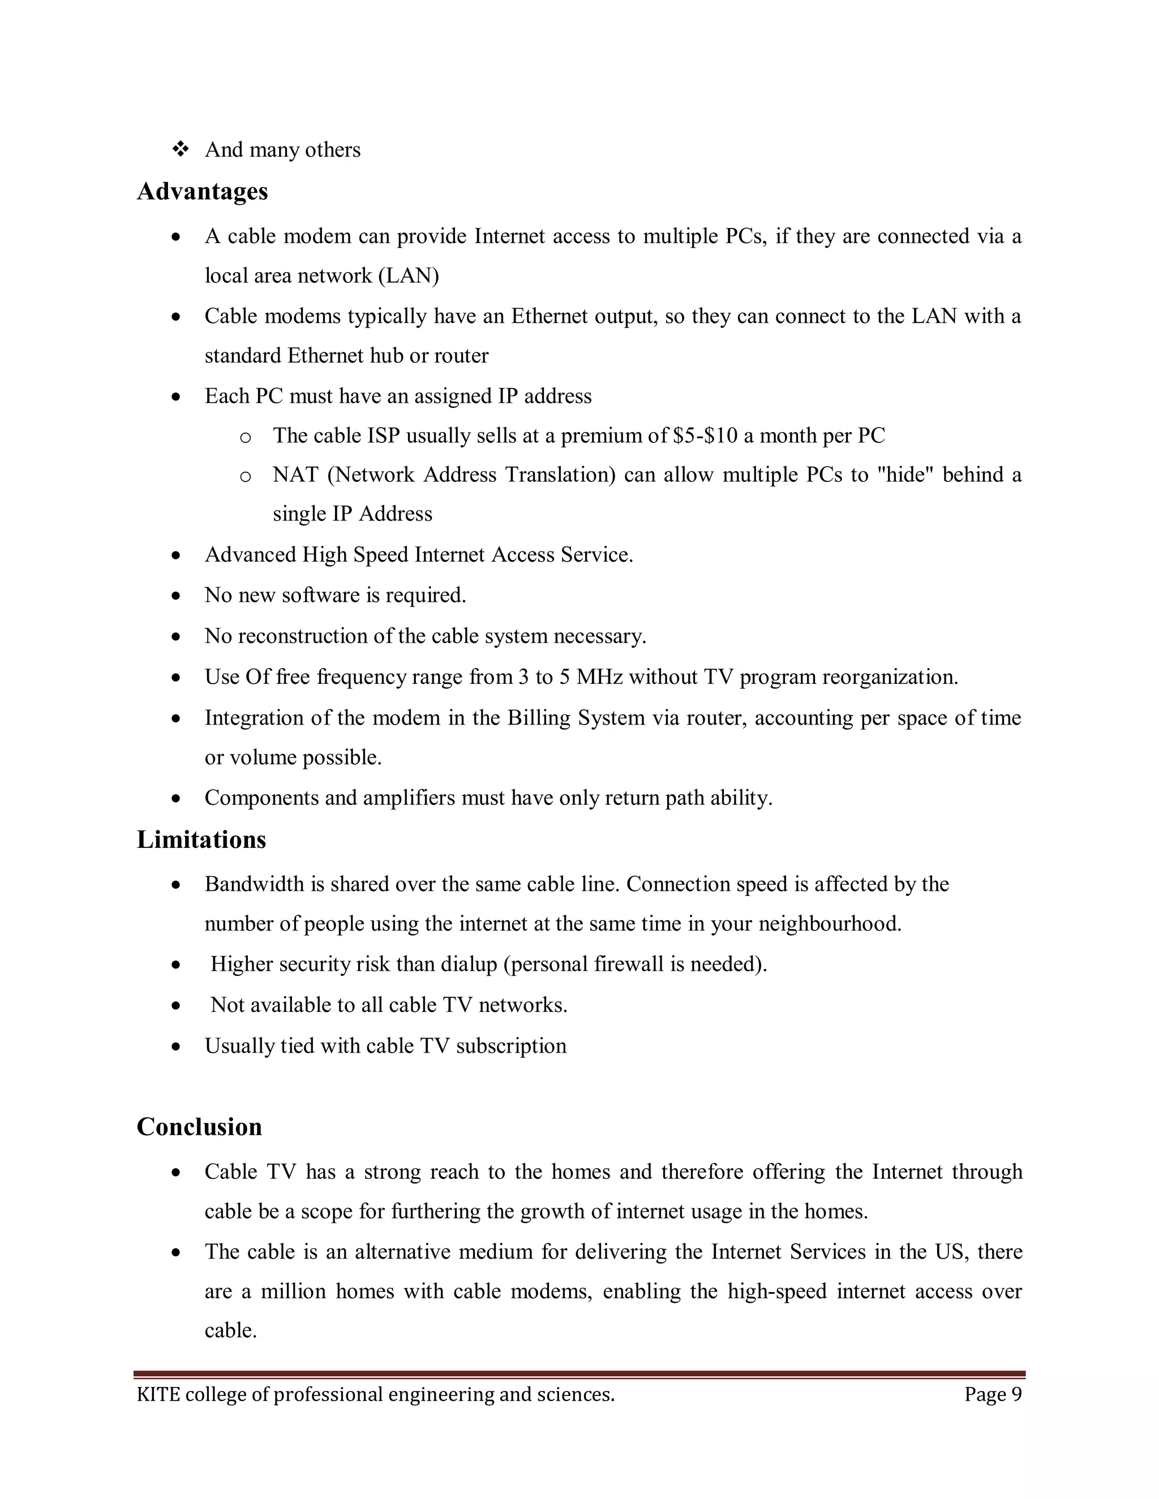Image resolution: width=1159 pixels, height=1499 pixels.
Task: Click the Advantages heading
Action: click(202, 192)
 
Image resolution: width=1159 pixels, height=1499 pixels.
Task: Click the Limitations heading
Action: click(201, 839)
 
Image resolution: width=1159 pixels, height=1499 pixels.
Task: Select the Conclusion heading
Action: click(199, 1127)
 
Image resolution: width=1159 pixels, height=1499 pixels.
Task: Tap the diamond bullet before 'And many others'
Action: click(181, 149)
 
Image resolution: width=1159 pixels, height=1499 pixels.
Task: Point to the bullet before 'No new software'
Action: click(177, 596)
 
